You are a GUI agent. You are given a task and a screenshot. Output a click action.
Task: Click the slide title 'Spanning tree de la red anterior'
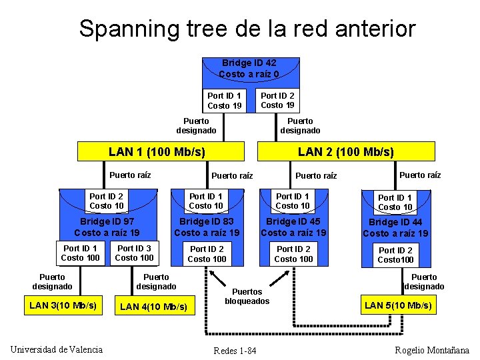click(x=247, y=29)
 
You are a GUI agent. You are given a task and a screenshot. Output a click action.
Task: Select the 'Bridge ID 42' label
click(x=249, y=63)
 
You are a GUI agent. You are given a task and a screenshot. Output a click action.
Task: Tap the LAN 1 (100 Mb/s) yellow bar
click(x=157, y=152)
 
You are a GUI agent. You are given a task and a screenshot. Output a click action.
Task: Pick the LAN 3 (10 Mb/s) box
click(x=63, y=305)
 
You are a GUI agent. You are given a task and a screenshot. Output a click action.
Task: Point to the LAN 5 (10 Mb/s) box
click(x=398, y=306)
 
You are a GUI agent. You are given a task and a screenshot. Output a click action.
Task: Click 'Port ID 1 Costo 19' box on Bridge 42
click(x=224, y=101)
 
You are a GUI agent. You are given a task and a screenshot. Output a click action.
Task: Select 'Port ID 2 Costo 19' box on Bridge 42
click(x=277, y=100)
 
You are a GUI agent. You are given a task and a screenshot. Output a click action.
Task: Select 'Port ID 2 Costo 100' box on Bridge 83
click(x=207, y=254)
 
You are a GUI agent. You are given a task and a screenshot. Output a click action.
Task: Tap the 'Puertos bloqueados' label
click(x=247, y=296)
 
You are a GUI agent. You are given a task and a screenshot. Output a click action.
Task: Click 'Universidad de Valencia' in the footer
click(x=57, y=349)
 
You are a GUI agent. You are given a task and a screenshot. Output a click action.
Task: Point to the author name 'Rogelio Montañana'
click(x=432, y=350)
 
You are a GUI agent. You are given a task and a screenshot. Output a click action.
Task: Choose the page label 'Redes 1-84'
click(x=235, y=351)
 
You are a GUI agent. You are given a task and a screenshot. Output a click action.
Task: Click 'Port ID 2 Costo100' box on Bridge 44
click(x=395, y=255)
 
